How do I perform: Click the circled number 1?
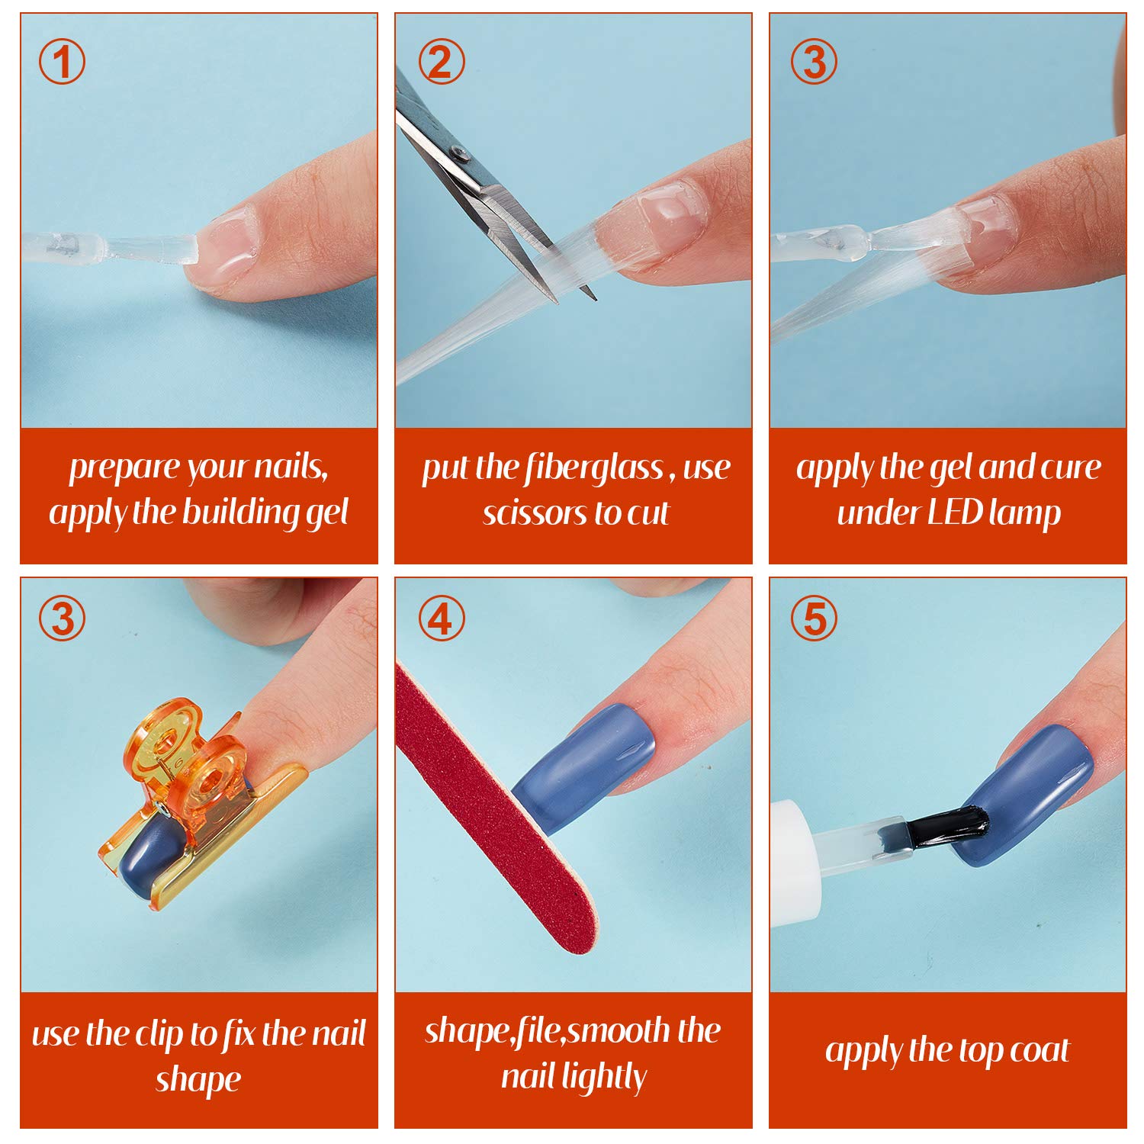point(62,62)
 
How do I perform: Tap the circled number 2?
point(441,62)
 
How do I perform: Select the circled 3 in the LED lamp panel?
point(814,62)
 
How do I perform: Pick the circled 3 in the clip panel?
point(62,619)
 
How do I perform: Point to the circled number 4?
point(441,619)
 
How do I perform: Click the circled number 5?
point(814,619)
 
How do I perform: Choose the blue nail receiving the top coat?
point(1026,793)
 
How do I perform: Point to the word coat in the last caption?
point(1040,1051)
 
